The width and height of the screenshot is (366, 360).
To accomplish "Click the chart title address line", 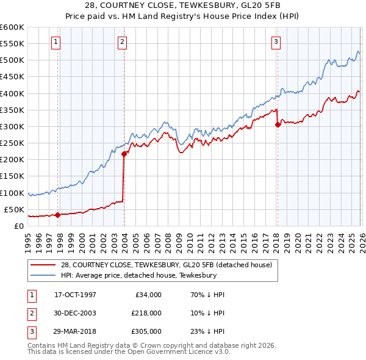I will click(x=182, y=5).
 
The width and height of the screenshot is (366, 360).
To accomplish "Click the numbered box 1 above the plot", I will click(x=56, y=42).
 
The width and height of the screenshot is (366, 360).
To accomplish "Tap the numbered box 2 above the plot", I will click(x=122, y=42).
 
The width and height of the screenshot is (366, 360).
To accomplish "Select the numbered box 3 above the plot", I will click(x=276, y=42).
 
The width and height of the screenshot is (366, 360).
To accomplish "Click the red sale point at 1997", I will click(x=58, y=215).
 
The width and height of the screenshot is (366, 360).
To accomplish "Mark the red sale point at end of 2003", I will click(x=124, y=154).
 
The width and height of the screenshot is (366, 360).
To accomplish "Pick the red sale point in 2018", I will click(x=278, y=124).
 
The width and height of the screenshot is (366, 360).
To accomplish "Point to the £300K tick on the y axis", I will click(x=12, y=126).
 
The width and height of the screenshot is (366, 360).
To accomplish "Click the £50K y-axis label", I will click(x=14, y=209).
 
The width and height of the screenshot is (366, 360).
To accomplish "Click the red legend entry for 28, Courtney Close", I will click(x=170, y=264).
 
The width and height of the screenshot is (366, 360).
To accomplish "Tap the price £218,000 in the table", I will click(x=146, y=312).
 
